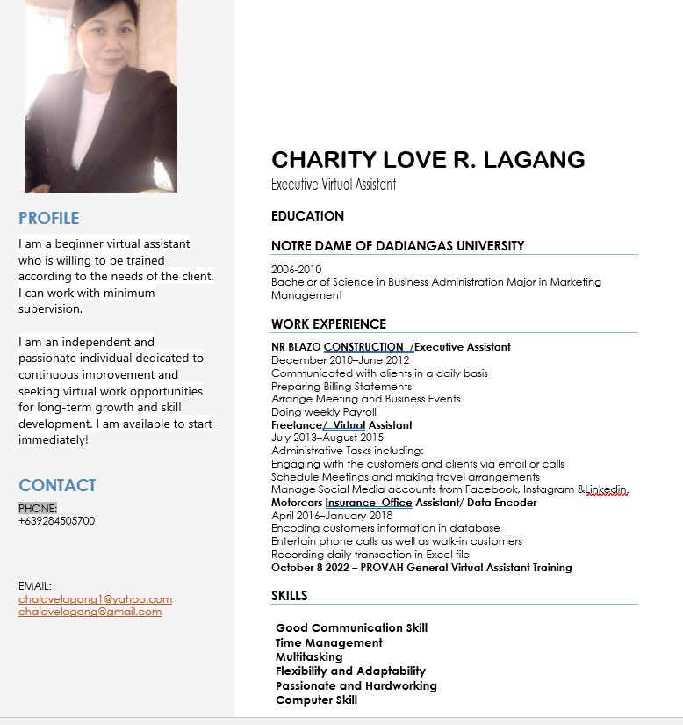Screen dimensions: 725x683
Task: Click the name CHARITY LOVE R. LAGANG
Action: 428,159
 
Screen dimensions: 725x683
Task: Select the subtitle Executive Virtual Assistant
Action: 334,185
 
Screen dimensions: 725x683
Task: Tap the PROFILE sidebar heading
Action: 49,218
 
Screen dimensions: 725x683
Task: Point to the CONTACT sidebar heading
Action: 57,485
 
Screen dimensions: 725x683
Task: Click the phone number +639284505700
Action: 57,521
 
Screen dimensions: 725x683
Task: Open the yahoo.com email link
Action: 95,599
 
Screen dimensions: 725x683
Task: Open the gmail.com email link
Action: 90,612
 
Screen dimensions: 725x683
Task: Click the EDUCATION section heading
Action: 307,216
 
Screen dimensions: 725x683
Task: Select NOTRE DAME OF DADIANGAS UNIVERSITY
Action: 398,246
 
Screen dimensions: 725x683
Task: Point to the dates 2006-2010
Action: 297,270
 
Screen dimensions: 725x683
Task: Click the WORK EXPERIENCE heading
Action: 328,324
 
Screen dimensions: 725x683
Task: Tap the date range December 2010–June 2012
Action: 341,360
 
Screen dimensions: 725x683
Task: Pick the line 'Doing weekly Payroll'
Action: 324,412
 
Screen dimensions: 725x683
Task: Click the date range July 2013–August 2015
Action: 327,438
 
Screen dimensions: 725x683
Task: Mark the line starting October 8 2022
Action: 421,568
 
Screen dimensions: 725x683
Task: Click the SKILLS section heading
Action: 290,596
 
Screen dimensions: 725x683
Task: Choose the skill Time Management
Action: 329,642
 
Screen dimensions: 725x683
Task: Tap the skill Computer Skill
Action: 316,700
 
